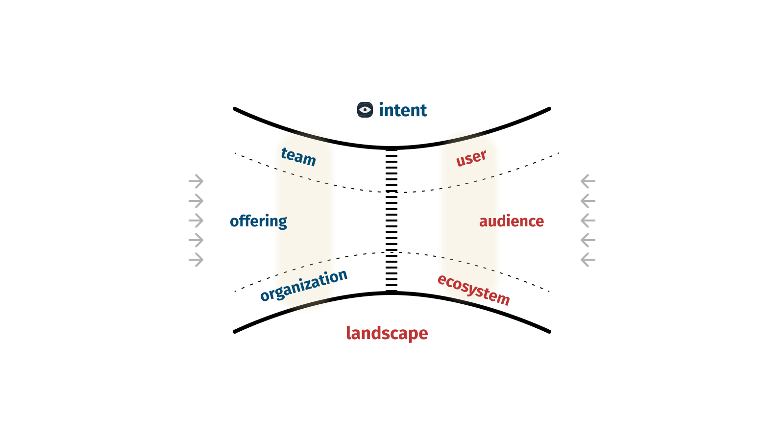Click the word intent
pyautogui.click(x=403, y=110)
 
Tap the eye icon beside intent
pyautogui.click(x=365, y=110)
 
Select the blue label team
pyautogui.click(x=298, y=157)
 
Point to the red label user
pyautogui.click(x=471, y=158)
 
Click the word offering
pyautogui.click(x=258, y=221)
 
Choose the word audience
pyautogui.click(x=511, y=221)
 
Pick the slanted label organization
pyautogui.click(x=304, y=285)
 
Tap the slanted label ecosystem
pyautogui.click(x=473, y=289)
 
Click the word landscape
pyautogui.click(x=387, y=333)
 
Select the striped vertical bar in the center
pyautogui.click(x=392, y=220)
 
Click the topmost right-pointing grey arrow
pyautogui.click(x=196, y=181)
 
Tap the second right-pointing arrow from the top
pyautogui.click(x=196, y=201)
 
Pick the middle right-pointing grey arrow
pyautogui.click(x=196, y=220)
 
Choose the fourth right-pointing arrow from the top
pyautogui.click(x=196, y=240)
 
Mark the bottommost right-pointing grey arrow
pyautogui.click(x=196, y=260)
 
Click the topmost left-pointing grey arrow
pyautogui.click(x=588, y=181)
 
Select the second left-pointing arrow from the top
pyautogui.click(x=588, y=201)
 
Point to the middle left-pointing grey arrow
pyautogui.click(x=588, y=220)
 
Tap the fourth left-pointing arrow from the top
pyautogui.click(x=588, y=240)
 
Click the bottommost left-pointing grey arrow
pyautogui.click(x=588, y=260)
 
